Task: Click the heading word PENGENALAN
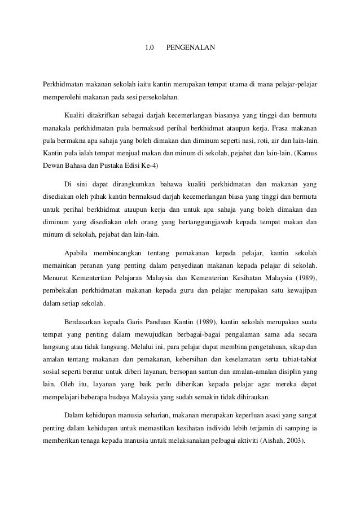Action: click(x=190, y=46)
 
